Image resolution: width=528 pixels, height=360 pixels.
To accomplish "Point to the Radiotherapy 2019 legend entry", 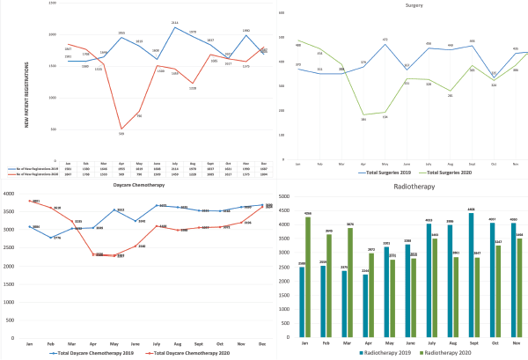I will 386,353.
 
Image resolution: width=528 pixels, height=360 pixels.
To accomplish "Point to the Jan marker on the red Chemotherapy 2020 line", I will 32,202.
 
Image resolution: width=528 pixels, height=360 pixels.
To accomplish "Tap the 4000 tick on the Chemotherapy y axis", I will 12,195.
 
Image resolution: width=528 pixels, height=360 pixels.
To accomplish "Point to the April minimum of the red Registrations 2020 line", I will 121,129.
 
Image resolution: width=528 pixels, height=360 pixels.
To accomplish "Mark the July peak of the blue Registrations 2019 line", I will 174,26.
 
